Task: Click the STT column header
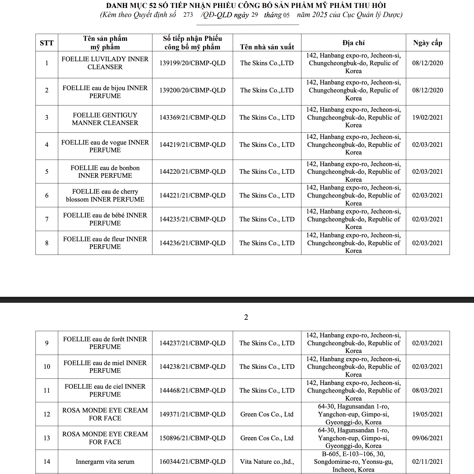[x=47, y=43]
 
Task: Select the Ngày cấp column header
[x=427, y=43]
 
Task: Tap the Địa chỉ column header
[x=353, y=43]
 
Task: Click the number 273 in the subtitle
[x=188, y=15]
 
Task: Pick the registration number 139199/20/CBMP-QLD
[x=192, y=63]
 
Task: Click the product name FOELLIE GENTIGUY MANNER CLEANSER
[x=105, y=119]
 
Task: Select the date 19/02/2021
[x=427, y=117]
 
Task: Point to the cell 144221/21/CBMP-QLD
[x=192, y=195]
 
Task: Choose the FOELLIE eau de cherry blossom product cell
[x=105, y=195]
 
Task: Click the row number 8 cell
[x=47, y=243]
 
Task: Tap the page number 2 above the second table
[x=246, y=317]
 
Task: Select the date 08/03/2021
[x=427, y=390]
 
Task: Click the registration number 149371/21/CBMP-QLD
[x=192, y=414]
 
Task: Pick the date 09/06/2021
[x=427, y=438]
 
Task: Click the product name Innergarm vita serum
[x=105, y=462]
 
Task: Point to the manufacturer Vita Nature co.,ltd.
[x=267, y=462]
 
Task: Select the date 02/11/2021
[x=427, y=462]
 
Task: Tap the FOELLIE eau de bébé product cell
[x=105, y=219]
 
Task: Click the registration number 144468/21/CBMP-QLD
[x=192, y=390]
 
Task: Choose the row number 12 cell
[x=47, y=414]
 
